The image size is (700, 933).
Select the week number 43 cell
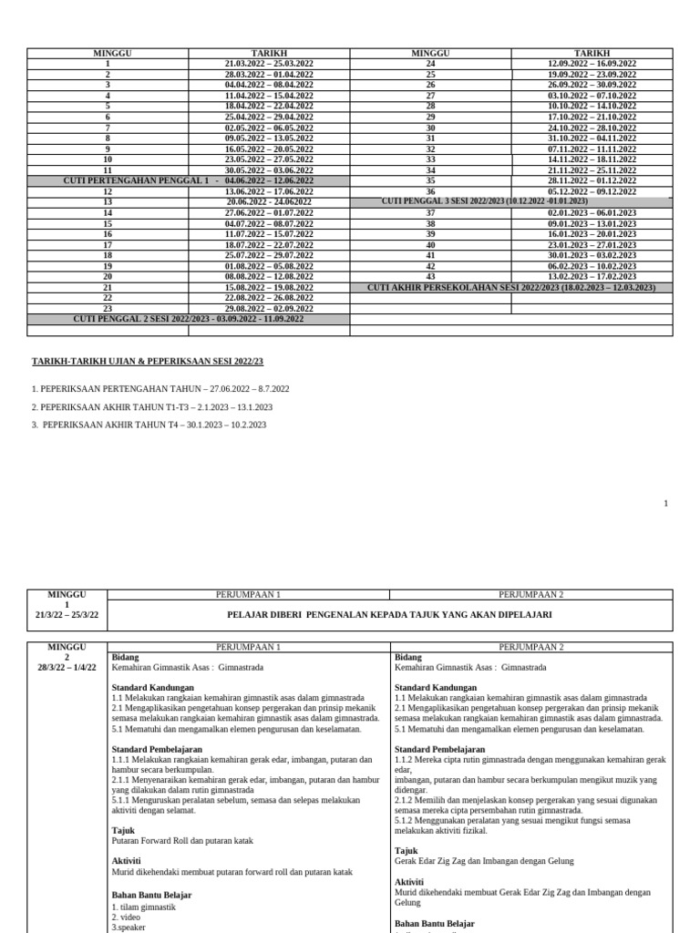(x=430, y=276)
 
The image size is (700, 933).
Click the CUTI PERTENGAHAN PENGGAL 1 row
(x=188, y=180)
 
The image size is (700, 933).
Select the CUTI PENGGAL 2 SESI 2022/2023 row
(x=188, y=319)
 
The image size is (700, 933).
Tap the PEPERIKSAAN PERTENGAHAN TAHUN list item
(x=160, y=389)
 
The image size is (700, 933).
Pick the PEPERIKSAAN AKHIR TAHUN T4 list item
(x=149, y=425)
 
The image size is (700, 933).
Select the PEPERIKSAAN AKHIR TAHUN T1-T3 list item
(x=151, y=407)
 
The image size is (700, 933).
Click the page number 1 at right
(x=665, y=503)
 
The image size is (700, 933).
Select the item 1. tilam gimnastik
(x=143, y=907)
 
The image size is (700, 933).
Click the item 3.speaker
(x=130, y=928)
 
